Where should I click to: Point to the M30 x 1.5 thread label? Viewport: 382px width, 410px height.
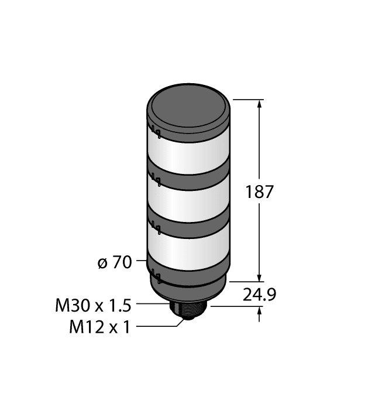[93, 305]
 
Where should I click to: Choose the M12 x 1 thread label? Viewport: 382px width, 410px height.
[99, 326]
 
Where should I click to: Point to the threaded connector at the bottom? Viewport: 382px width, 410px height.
[188, 310]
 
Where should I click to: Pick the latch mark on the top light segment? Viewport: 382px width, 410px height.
[155, 131]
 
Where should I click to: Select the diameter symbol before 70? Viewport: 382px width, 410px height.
[102, 264]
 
